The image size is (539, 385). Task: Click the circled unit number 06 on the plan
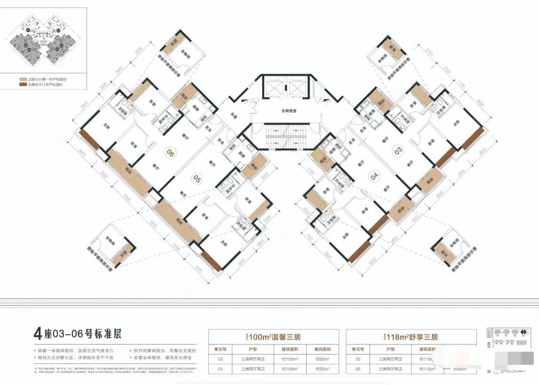[x=170, y=152]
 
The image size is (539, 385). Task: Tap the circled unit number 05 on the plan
[x=197, y=178]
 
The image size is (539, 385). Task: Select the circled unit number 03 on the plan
[x=399, y=151]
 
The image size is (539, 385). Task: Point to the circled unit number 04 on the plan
[x=374, y=177]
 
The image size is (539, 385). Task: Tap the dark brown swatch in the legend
[x=22, y=85]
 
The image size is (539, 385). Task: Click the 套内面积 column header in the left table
[x=319, y=349]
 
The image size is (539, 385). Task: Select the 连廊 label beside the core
[x=234, y=114]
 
